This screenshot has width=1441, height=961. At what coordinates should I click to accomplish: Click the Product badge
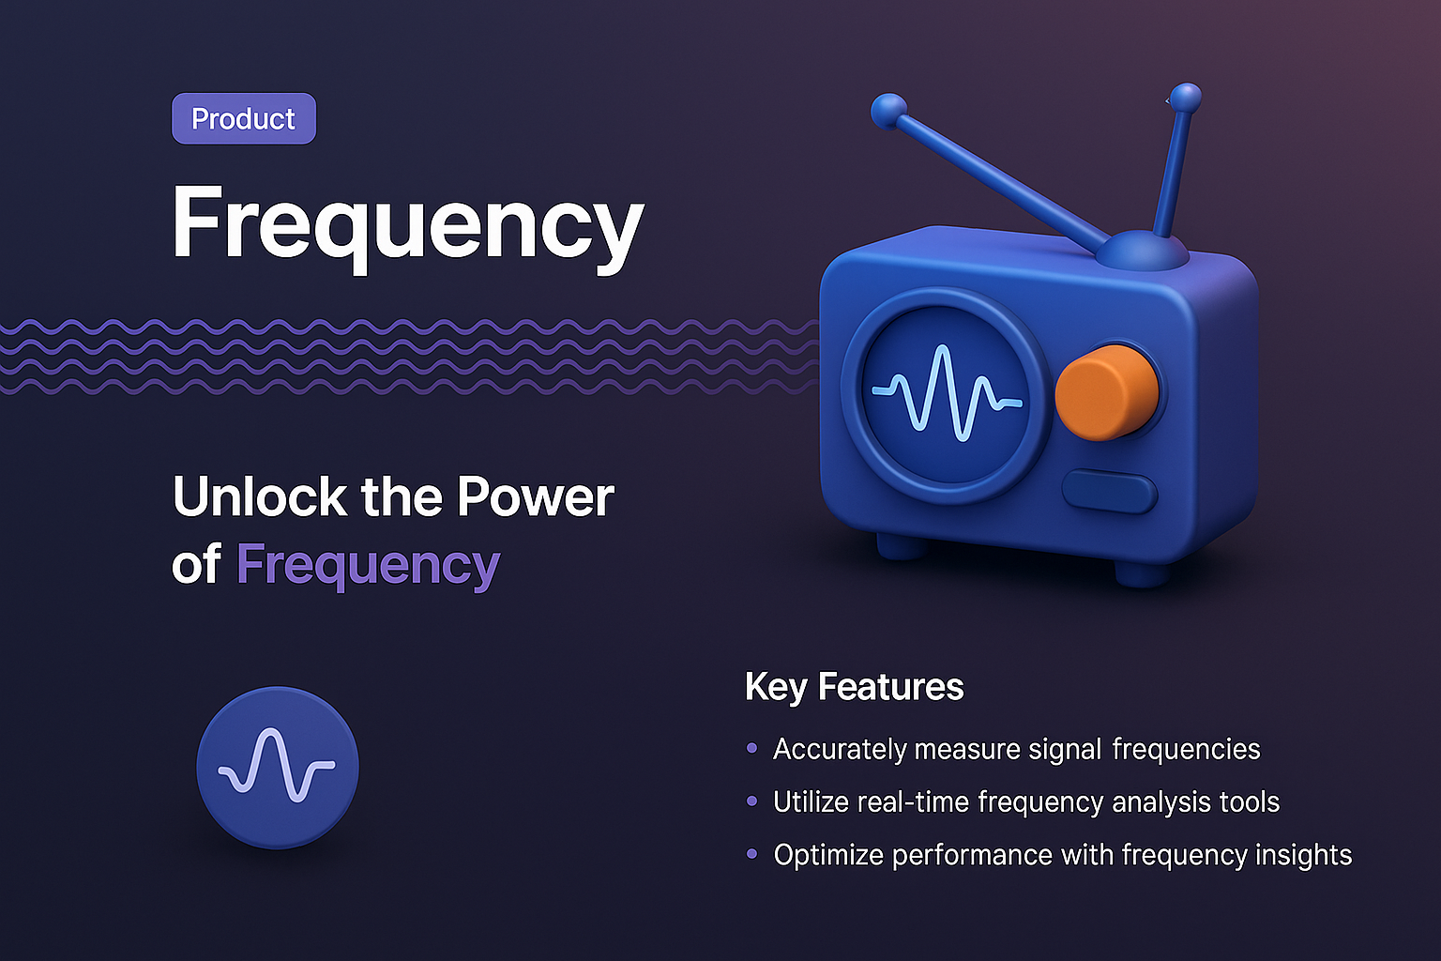(244, 119)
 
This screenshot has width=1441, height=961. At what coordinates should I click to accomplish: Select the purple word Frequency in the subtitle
(368, 565)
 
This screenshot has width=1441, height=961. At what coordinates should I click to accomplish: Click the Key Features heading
(854, 687)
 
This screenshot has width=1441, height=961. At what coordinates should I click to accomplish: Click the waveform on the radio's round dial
(946, 393)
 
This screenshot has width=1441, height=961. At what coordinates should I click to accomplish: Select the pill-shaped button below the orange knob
(1110, 493)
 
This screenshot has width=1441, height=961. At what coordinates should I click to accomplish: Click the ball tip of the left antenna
(888, 111)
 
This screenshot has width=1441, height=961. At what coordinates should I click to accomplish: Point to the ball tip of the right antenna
(1186, 96)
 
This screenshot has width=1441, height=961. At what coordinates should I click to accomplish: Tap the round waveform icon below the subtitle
(278, 768)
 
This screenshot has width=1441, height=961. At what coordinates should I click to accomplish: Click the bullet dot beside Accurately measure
(751, 749)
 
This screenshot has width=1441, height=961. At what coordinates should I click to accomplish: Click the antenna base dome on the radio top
(1142, 249)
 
